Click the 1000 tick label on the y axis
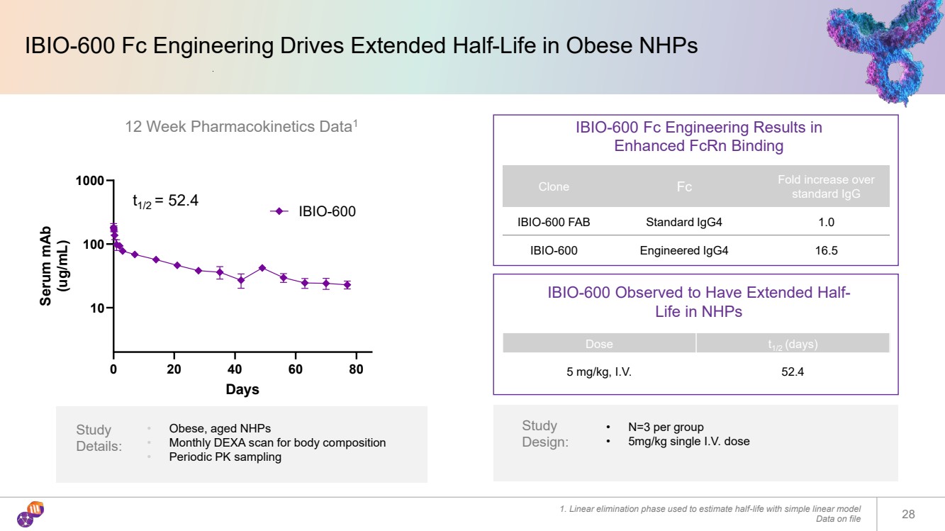pyautogui.click(x=90, y=181)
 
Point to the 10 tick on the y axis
pyautogui.click(x=96, y=308)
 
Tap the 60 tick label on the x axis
pyautogui.click(x=296, y=369)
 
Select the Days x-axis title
pyautogui.click(x=242, y=389)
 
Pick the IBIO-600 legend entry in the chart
pyautogui.click(x=313, y=211)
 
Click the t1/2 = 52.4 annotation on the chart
pyautogui.click(x=166, y=201)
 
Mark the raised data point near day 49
pyautogui.click(x=262, y=268)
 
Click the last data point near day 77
pyautogui.click(x=347, y=285)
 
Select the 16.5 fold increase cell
pyautogui.click(x=826, y=250)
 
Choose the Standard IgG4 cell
pyautogui.click(x=683, y=222)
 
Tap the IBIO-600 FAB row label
pyautogui.click(x=554, y=222)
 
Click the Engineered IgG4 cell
pyautogui.click(x=683, y=250)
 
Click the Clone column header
pyautogui.click(x=554, y=186)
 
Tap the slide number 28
pyautogui.click(x=908, y=514)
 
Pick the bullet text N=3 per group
pyautogui.click(x=666, y=427)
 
